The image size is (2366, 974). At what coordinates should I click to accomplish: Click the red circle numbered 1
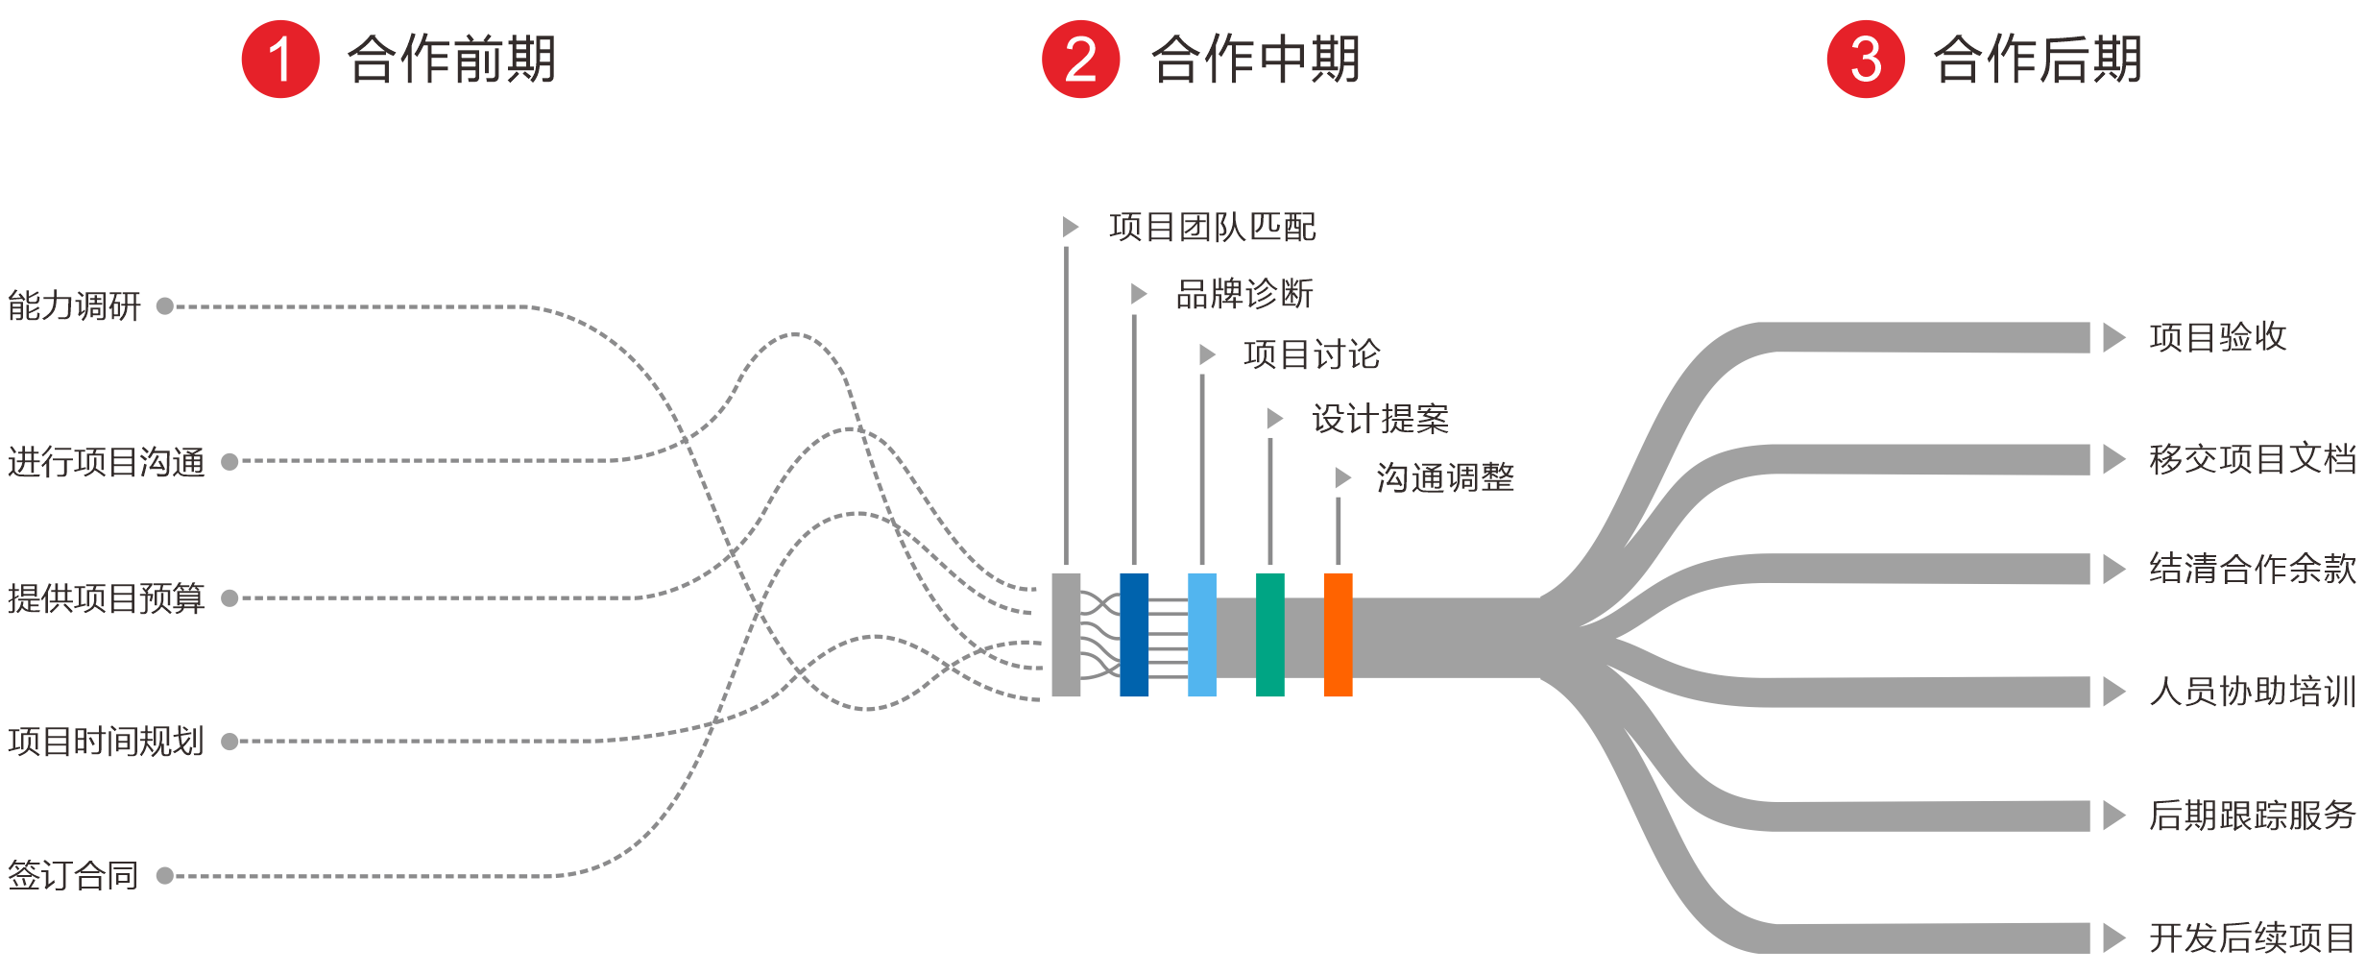pos(279,59)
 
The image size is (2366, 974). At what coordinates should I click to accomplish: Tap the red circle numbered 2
pos(1080,59)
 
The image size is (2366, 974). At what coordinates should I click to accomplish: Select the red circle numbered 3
pos(1865,59)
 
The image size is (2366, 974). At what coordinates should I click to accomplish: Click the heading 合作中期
pos(1256,59)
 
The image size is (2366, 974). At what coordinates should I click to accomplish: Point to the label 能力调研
pos(74,306)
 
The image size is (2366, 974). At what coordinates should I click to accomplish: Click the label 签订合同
pos(73,875)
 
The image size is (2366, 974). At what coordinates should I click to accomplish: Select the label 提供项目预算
pos(106,598)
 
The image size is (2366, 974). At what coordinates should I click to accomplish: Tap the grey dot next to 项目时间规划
pos(229,742)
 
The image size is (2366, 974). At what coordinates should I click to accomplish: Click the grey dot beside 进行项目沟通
pos(229,462)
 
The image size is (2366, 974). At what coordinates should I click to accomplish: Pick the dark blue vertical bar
pos(1134,634)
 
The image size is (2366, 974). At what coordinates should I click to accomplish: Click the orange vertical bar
pos(1338,634)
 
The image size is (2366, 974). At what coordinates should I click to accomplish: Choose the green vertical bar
pos(1269,634)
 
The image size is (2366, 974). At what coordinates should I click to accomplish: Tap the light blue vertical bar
pos(1202,634)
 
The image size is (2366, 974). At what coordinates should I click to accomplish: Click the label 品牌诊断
pos(1244,294)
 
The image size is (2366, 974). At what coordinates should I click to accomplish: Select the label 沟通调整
pos(1445,477)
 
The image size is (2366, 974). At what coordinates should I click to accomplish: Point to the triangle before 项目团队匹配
pos(1071,227)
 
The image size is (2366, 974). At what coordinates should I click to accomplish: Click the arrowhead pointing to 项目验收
pos(2113,337)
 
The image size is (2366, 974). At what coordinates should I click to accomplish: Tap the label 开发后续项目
pos(2252,937)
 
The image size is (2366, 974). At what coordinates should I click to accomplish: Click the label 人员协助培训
pos(2252,691)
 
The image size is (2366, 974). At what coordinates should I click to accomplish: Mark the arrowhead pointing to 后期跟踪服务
pos(2113,815)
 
